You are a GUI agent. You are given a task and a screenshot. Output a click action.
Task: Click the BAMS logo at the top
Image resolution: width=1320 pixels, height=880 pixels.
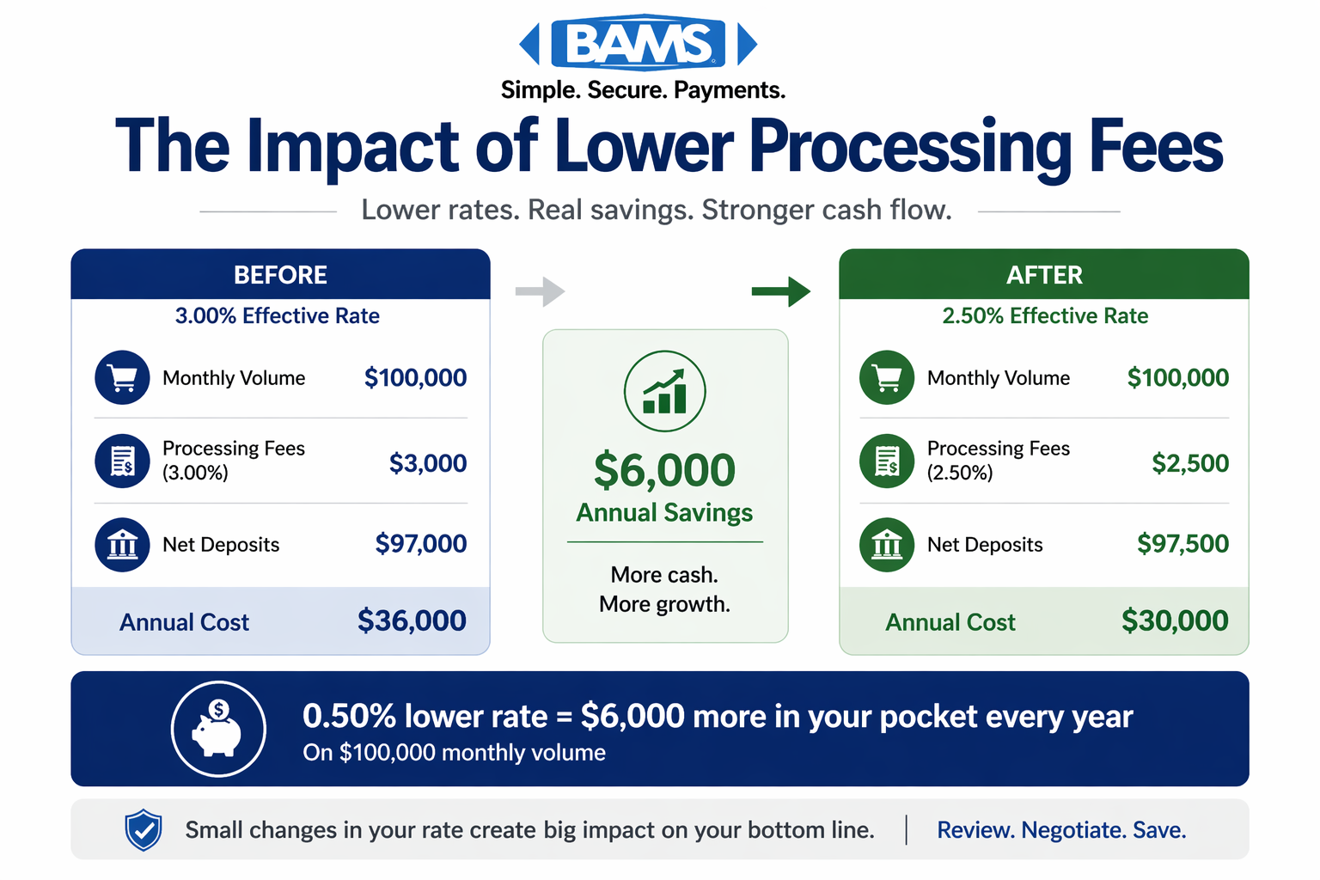(639, 43)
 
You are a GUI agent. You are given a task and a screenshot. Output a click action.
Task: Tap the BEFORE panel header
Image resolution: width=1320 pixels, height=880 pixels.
(280, 275)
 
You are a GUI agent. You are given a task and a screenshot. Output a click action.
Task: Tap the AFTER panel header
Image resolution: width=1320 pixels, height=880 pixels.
(1043, 275)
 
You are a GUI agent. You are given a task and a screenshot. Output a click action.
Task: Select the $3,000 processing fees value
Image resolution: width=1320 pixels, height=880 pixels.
(427, 463)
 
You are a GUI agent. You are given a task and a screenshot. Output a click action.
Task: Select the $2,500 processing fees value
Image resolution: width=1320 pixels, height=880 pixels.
(1189, 463)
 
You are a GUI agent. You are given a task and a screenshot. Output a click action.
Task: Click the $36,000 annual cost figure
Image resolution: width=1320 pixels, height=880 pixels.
(412, 620)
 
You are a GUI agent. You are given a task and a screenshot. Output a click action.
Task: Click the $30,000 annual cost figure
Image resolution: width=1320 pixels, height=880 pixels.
(1174, 620)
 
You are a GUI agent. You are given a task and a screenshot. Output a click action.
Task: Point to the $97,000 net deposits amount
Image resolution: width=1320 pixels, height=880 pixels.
(420, 543)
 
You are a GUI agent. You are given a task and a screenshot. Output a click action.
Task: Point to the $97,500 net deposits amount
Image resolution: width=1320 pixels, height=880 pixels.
(1182, 543)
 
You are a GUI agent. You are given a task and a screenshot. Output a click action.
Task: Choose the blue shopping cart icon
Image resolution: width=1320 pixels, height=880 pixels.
(122, 377)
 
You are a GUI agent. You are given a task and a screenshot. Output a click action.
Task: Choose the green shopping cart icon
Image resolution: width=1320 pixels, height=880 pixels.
(886, 377)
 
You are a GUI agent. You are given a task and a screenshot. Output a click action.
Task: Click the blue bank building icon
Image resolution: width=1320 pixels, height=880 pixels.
(122, 544)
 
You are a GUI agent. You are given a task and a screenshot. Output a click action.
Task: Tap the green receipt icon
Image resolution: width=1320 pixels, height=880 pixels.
(886, 461)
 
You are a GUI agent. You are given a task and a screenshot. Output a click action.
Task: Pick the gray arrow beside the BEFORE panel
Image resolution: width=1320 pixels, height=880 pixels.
(540, 291)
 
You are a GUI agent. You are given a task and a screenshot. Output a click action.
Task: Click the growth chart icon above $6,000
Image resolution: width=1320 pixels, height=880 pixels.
(664, 391)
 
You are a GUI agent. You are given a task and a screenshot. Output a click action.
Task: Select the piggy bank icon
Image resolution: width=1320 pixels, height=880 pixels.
(218, 729)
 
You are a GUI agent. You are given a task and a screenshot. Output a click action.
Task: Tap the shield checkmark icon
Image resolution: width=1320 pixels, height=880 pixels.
(144, 829)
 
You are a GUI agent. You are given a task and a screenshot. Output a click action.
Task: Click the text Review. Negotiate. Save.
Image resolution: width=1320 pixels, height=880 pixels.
(1060, 830)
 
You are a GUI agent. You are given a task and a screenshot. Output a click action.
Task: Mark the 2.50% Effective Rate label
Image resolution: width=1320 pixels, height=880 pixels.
(1044, 315)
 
